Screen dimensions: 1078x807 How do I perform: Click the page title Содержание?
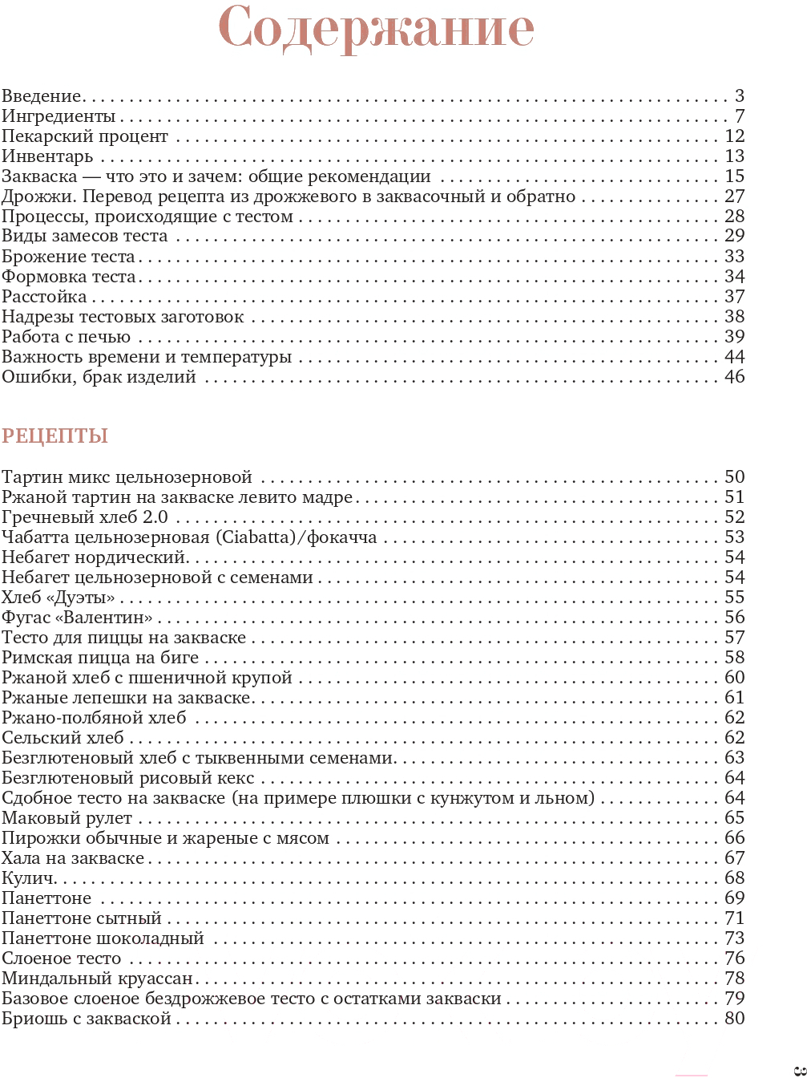point(376,29)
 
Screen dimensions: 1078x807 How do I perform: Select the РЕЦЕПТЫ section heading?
point(54,436)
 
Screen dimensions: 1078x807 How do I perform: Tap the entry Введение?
point(42,96)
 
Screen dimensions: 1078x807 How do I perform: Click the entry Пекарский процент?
point(85,136)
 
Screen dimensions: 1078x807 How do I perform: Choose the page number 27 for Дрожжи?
point(734,197)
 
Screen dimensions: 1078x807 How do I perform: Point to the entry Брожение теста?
point(68,257)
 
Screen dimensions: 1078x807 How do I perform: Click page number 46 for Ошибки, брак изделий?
point(734,377)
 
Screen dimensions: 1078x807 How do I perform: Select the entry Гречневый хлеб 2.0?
point(85,517)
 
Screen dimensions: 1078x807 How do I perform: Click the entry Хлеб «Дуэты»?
point(59,598)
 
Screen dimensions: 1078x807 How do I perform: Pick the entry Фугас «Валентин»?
point(77,618)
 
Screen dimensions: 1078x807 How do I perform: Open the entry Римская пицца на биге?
point(100,658)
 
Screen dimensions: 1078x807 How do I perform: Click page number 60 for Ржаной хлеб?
point(734,678)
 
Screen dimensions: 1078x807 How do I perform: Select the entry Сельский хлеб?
point(63,738)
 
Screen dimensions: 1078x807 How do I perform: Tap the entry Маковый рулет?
point(67,818)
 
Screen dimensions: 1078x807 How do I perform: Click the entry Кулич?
point(28,878)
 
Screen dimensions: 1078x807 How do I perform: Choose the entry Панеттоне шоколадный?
point(103,938)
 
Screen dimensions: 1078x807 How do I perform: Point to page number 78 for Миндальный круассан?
point(734,979)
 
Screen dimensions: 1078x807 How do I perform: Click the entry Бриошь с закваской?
point(87,1019)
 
